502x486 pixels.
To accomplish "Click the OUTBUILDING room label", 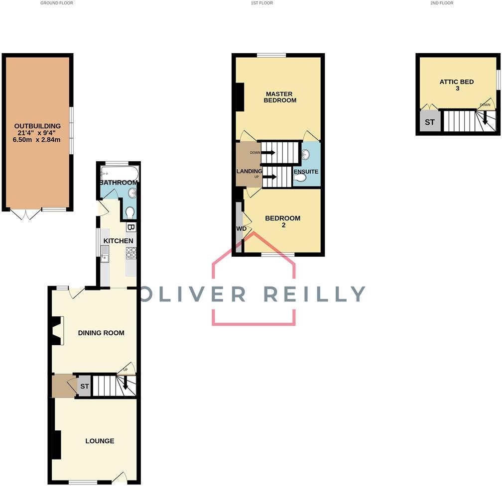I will tap(37, 126).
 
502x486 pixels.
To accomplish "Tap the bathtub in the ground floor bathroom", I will tap(119, 174).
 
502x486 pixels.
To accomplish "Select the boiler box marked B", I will tap(130, 227).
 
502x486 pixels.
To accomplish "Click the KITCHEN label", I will tap(118, 241).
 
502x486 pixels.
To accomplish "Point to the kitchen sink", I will tap(105, 255).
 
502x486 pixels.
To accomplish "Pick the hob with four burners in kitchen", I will tap(131, 253).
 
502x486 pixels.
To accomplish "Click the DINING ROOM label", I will tap(101, 333).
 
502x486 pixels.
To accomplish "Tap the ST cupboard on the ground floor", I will tap(85, 386).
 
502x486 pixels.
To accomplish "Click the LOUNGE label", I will tap(100, 441).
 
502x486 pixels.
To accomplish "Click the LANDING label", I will tap(249, 172).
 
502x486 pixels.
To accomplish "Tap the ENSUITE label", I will tap(306, 172).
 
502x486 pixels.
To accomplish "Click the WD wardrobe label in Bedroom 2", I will tap(242, 229).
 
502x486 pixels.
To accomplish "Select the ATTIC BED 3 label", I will tap(456, 85).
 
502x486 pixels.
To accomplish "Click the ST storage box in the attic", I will tap(430, 121).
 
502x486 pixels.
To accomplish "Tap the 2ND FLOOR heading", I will tap(442, 3).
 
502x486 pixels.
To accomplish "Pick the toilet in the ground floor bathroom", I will tap(129, 213).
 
